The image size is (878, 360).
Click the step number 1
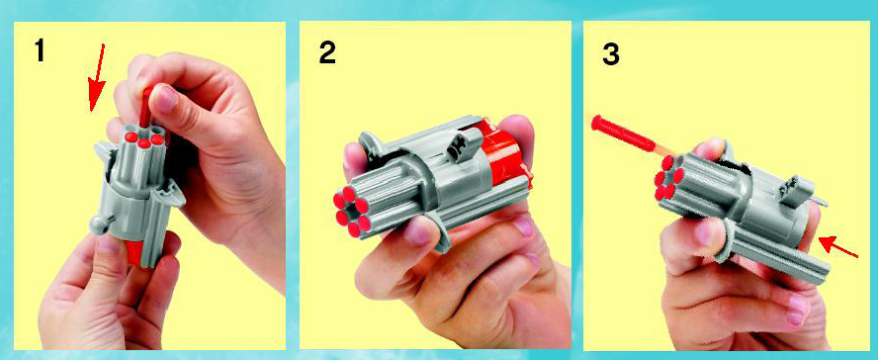point(40,51)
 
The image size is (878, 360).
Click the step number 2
point(327,52)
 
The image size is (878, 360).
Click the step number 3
point(611,54)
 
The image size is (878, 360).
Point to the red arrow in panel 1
point(97,77)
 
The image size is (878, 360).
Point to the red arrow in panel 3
point(837,247)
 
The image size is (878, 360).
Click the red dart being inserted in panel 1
point(146,107)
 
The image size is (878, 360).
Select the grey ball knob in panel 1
point(99,225)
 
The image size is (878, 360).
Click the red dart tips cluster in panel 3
point(668,178)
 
